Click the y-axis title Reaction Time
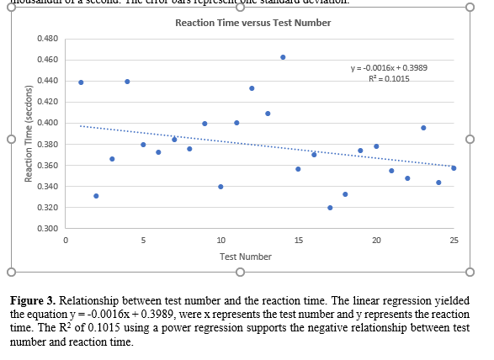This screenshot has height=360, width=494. (x=29, y=134)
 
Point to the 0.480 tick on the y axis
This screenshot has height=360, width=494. (x=48, y=39)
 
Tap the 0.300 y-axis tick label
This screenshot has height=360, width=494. (x=48, y=229)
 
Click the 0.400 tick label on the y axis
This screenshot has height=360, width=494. (x=48, y=123)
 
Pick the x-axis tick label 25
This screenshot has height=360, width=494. (x=454, y=241)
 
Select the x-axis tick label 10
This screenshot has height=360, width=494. (x=220, y=241)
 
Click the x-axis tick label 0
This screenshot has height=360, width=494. (x=66, y=241)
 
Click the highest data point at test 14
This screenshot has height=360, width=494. (x=283, y=57)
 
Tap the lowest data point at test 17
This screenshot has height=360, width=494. (x=330, y=208)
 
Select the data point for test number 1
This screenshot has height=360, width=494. (x=81, y=82)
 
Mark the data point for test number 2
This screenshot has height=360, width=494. (x=96, y=196)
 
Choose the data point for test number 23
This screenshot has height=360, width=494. (x=423, y=128)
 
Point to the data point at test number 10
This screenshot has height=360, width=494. (x=220, y=187)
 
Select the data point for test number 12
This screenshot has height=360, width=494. (x=252, y=88)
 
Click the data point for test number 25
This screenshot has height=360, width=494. (x=454, y=168)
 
